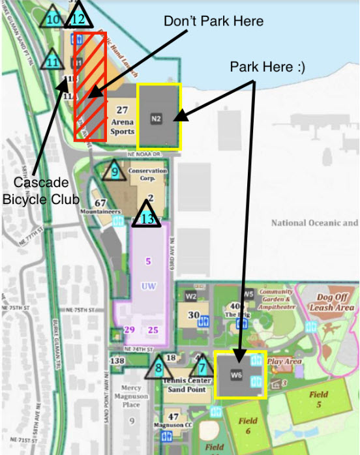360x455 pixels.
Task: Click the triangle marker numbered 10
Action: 53,18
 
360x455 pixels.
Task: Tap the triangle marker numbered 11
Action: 53,61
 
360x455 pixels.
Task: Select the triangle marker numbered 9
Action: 115,172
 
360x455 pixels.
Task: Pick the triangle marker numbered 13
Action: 147,217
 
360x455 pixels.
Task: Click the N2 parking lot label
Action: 155,119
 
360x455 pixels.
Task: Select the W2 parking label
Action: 191,295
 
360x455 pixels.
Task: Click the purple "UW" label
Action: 147,286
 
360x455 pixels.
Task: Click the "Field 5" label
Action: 318,398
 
